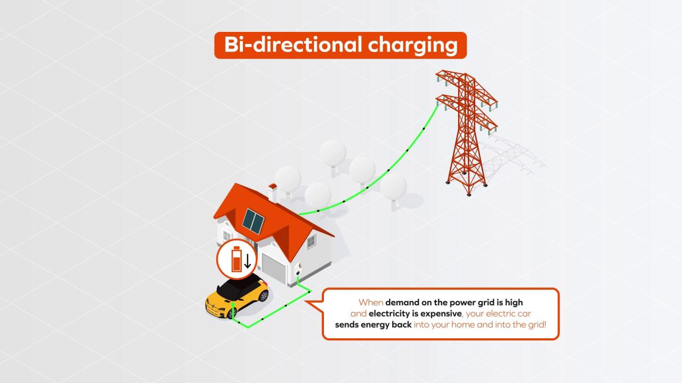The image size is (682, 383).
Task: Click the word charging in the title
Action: click(413, 46)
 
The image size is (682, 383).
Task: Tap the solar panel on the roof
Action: click(253, 221)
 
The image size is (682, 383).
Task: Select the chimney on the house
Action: click(272, 193)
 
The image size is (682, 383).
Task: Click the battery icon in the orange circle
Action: click(237, 259)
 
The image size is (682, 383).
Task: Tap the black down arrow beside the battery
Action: click(248, 261)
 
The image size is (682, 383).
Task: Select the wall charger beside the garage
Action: click(298, 270)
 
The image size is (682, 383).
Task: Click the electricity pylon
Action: click(466, 133)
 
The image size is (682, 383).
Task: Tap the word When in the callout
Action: click(370, 303)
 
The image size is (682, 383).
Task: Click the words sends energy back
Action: click(374, 324)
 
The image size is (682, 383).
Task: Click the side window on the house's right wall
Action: click(311, 242)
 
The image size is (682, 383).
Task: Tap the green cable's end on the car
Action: click(233, 304)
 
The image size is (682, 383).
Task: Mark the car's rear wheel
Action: click(264, 296)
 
